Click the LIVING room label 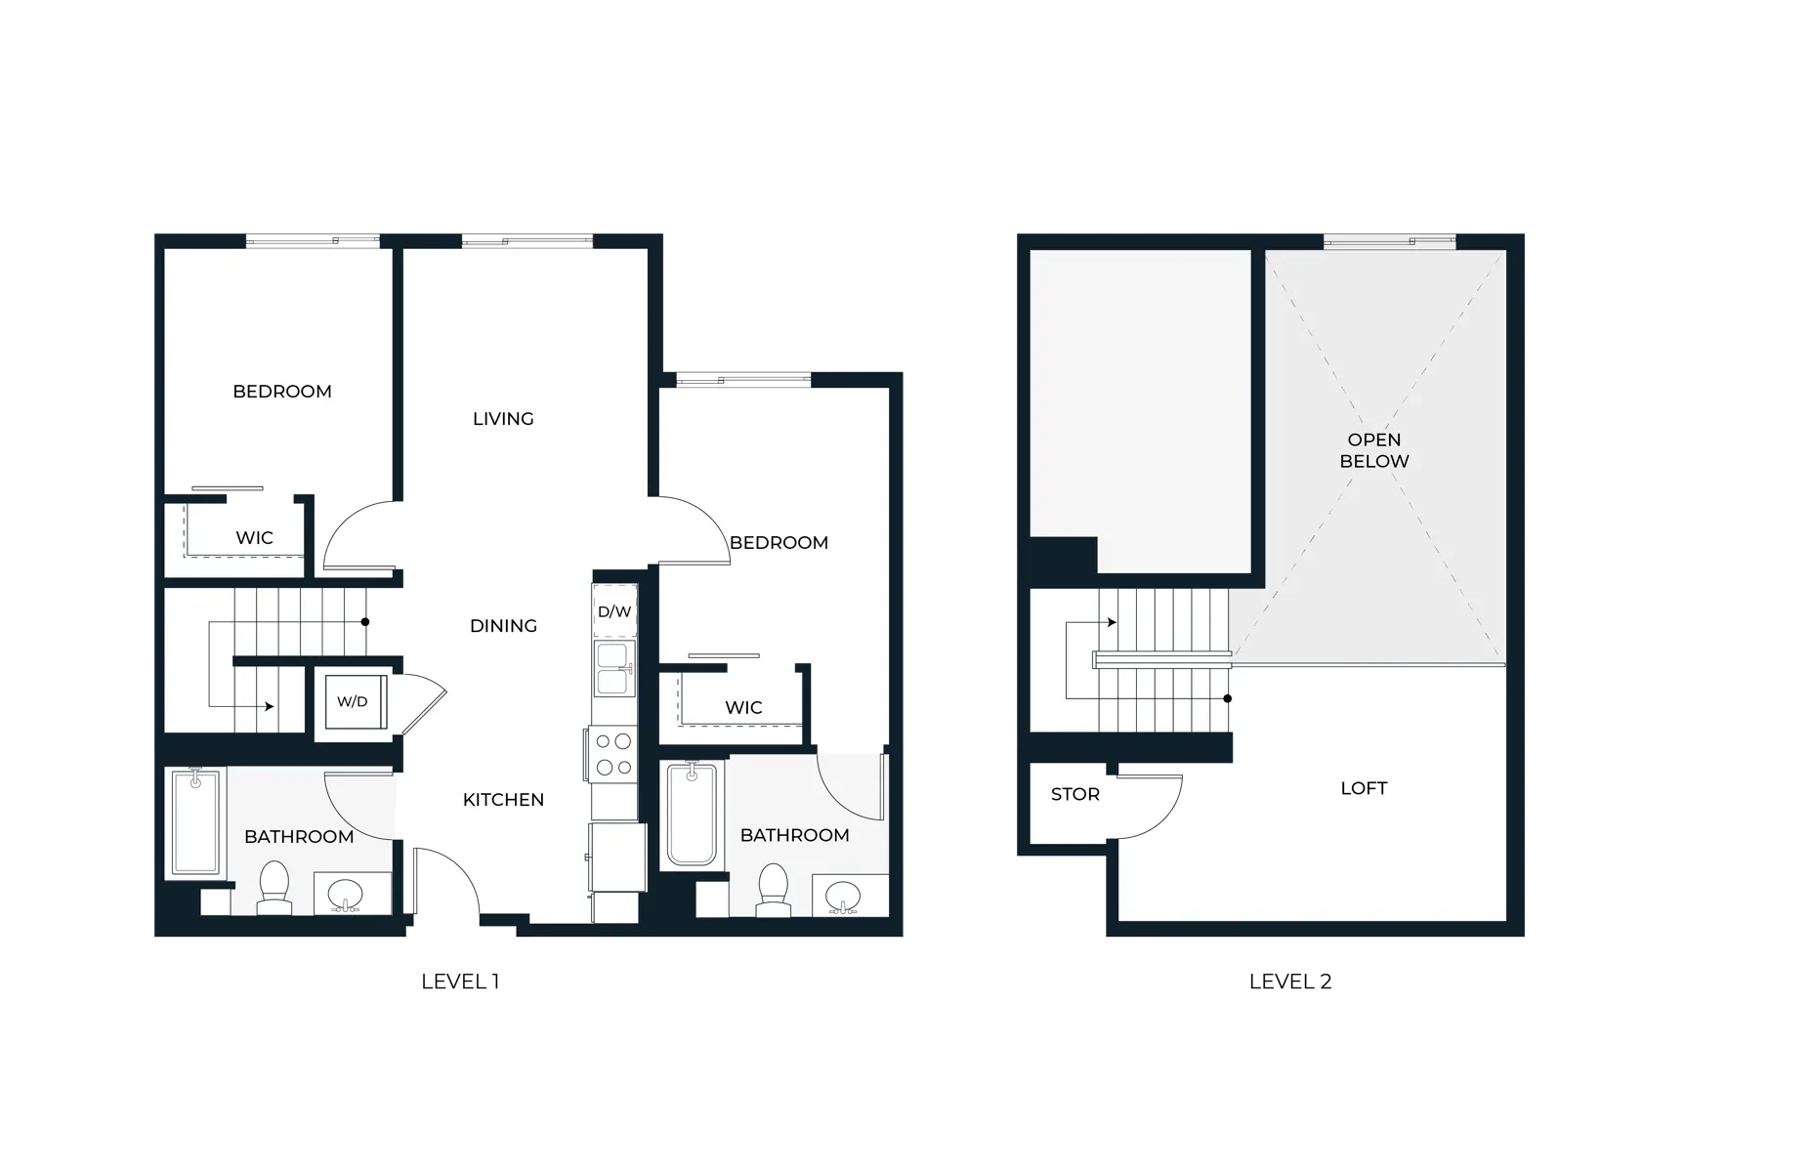[x=503, y=419]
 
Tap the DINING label [x=503, y=626]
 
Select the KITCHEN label [x=503, y=800]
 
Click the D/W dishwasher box [x=614, y=612]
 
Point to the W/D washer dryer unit [x=354, y=701]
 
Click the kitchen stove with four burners [x=613, y=755]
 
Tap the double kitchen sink [x=613, y=668]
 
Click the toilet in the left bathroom [x=274, y=888]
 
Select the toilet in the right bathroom [x=774, y=890]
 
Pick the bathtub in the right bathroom [x=693, y=815]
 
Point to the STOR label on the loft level [x=1074, y=795]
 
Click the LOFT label [x=1364, y=788]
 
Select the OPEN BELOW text [x=1373, y=450]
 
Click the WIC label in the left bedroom [x=254, y=538]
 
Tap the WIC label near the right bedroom [x=743, y=707]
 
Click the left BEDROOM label [x=282, y=392]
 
